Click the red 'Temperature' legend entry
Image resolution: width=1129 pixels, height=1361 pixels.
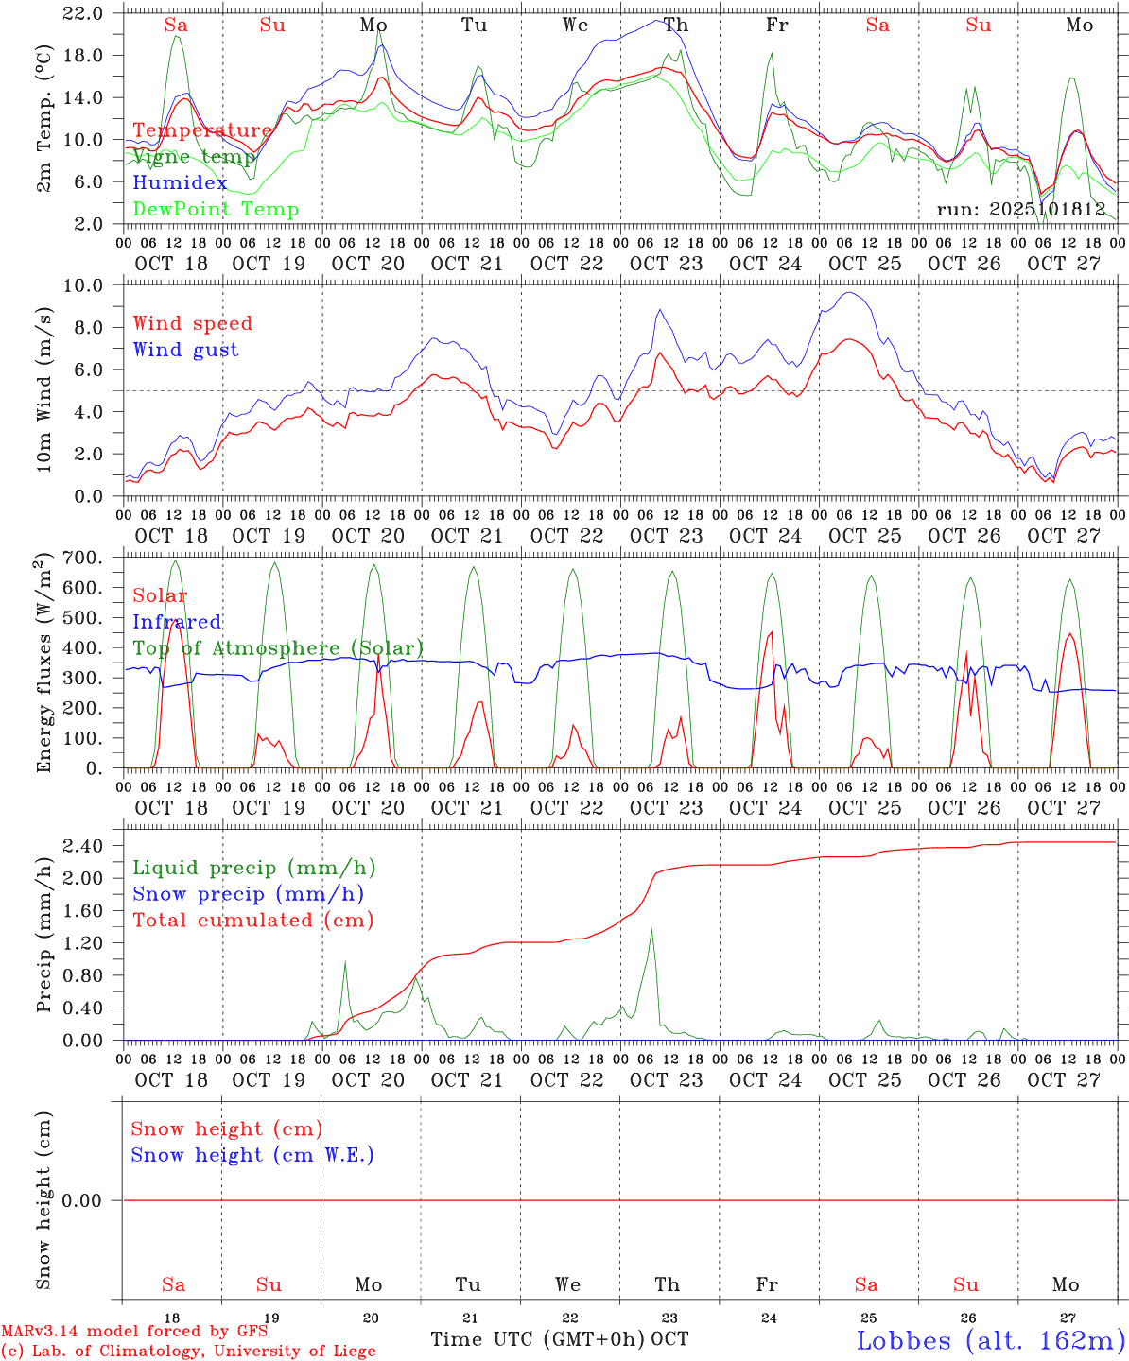201,130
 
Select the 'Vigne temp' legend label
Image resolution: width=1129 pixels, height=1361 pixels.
194,157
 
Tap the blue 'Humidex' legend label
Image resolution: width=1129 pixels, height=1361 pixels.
180,182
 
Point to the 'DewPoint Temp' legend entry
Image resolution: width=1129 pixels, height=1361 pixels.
216,209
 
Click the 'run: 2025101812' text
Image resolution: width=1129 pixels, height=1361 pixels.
1020,209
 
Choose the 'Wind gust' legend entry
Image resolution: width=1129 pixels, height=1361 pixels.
185,350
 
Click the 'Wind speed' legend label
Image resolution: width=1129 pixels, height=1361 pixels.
193,323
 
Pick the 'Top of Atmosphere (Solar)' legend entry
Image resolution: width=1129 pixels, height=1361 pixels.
278,648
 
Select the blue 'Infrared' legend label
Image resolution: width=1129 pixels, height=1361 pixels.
177,622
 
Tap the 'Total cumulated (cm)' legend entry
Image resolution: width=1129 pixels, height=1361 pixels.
252,920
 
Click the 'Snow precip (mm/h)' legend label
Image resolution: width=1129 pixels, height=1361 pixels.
248,893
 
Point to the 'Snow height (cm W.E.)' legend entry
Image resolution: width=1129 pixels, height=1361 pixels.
252,1155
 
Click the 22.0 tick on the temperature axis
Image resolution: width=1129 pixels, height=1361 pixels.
84,13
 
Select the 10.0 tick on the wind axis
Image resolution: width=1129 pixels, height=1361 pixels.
89,285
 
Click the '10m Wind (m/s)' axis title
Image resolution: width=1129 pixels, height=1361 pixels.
44,389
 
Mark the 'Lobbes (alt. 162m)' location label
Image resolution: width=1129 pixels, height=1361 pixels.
990,1339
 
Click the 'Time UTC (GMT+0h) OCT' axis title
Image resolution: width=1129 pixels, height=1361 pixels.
559,1339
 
